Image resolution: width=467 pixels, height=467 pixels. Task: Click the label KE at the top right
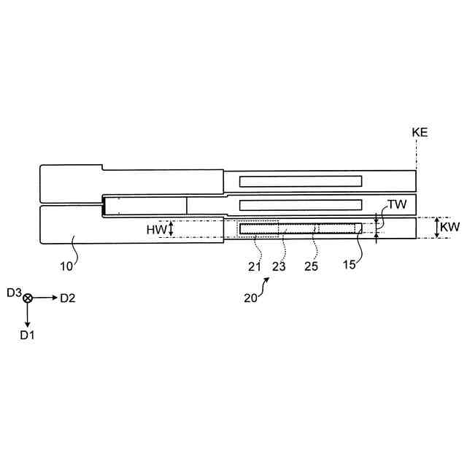[420, 133]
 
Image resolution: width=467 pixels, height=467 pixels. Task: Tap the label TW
[397, 206]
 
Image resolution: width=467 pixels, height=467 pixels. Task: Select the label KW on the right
[450, 228]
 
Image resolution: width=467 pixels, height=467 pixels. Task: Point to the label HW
[156, 229]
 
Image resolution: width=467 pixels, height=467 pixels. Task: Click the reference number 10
[66, 266]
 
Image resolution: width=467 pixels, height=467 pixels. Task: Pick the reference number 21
[254, 266]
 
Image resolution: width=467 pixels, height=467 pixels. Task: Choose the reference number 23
[279, 266]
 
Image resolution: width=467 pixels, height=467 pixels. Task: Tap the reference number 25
[311, 266]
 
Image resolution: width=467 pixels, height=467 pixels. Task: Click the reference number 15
[350, 264]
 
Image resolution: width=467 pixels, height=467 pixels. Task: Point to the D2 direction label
[68, 298]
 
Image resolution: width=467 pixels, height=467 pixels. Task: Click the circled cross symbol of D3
[28, 298]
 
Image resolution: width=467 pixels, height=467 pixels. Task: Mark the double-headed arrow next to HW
[171, 229]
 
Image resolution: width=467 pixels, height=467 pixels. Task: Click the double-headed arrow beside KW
[436, 228]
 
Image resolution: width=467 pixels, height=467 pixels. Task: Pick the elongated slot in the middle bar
[301, 204]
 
